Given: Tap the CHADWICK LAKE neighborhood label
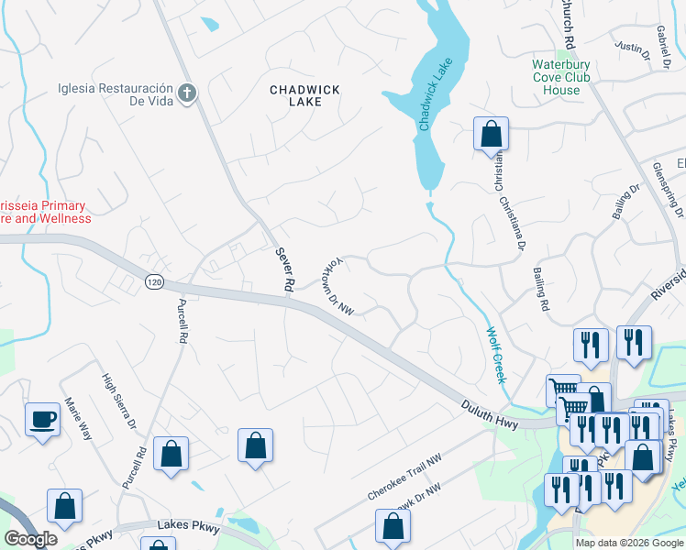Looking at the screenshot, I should (304, 95).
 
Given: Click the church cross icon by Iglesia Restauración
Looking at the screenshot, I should (187, 93).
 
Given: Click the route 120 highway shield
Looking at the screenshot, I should (153, 281).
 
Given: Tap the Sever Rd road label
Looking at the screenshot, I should (282, 269).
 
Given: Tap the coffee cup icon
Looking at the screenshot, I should (42, 420).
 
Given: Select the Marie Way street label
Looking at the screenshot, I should (78, 418).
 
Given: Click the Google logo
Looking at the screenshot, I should (30, 539).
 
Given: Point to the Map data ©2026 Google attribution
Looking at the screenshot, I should (629, 543).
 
